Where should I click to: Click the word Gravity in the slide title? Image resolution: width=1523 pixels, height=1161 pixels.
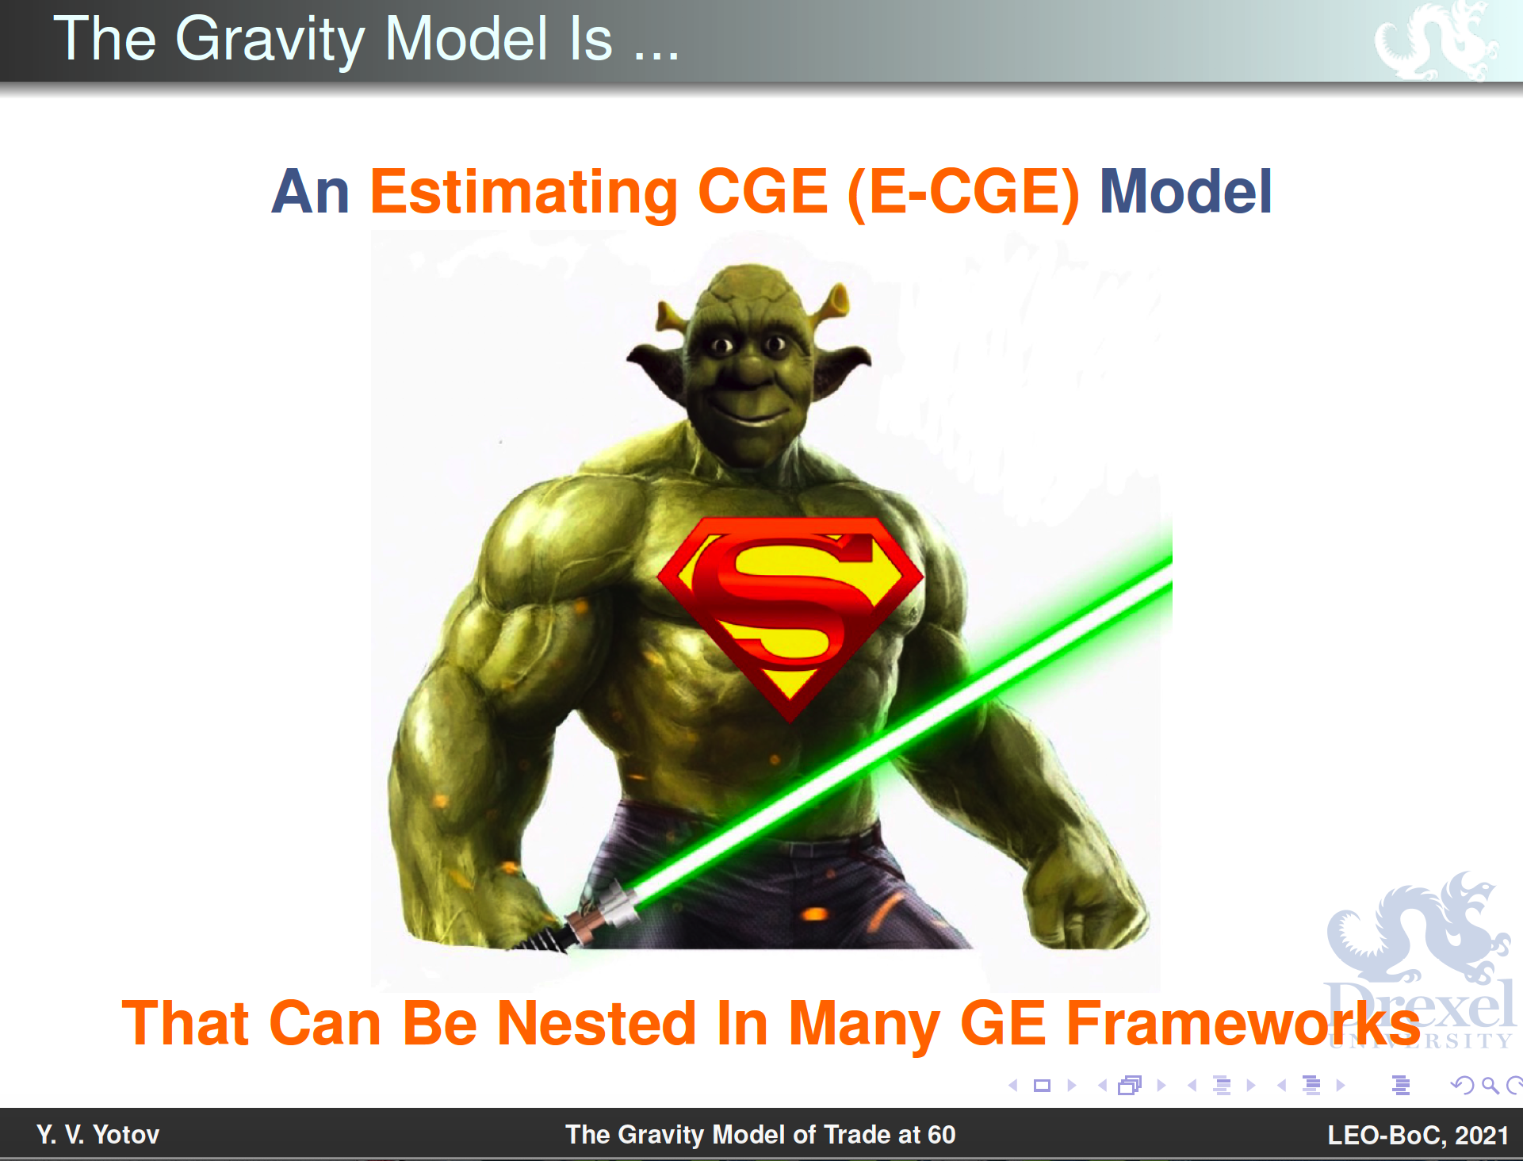click(270, 40)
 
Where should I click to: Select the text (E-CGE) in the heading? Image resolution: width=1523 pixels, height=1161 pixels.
click(964, 193)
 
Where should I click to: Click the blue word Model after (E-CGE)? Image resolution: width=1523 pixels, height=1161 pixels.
click(1186, 192)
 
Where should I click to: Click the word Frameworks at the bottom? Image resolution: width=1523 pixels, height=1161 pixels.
click(1243, 1023)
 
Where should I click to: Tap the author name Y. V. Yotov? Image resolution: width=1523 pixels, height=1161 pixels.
click(98, 1135)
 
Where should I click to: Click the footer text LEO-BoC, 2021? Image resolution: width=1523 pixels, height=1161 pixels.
click(1418, 1135)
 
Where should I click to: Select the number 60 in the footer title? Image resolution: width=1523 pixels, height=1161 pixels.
click(941, 1135)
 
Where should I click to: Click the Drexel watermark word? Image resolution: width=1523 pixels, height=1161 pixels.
click(1419, 1006)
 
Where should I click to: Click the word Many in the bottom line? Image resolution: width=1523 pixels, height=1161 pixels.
click(864, 1025)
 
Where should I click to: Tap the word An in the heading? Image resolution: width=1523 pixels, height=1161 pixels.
click(310, 192)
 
